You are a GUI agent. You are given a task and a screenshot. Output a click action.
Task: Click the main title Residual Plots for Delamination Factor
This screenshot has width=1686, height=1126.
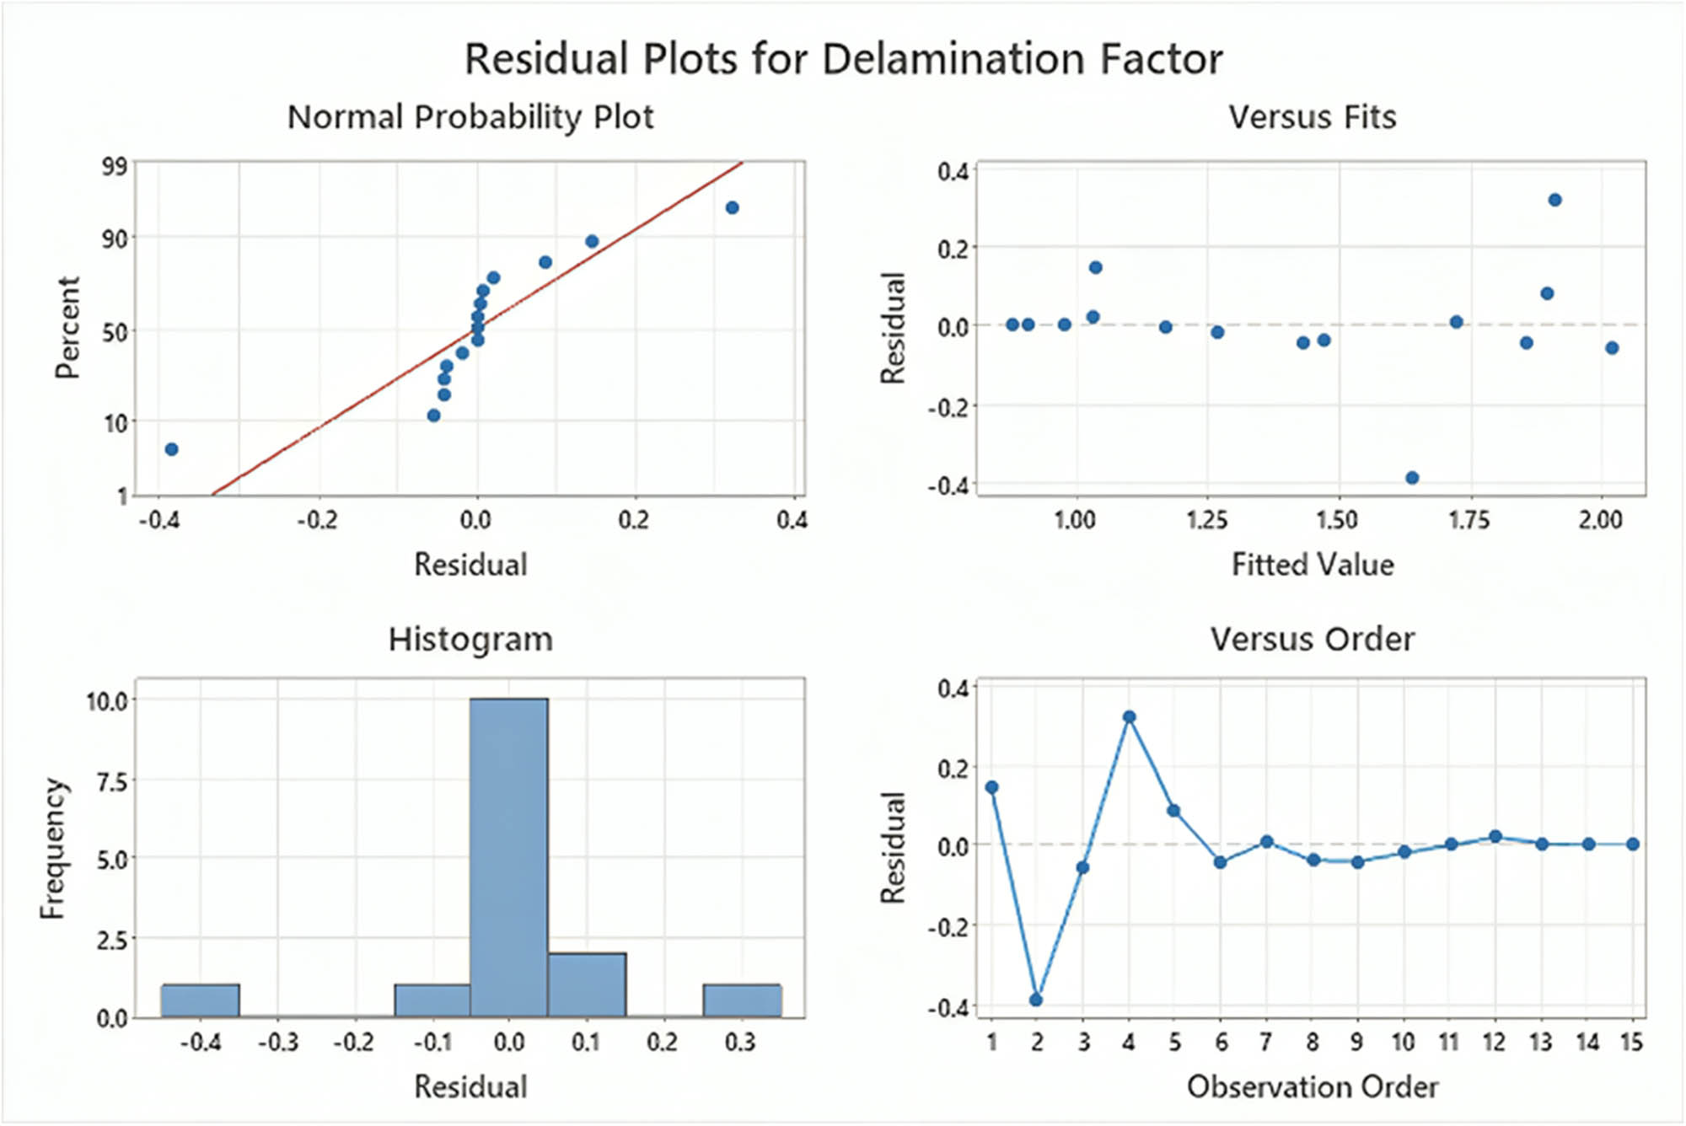tap(843, 60)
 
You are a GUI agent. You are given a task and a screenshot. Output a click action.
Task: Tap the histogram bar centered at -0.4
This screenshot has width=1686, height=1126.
tap(201, 1000)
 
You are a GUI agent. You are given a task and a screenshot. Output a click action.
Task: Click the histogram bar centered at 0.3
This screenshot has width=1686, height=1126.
tap(742, 1000)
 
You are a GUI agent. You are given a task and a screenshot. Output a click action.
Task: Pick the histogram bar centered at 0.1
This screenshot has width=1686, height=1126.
tap(587, 984)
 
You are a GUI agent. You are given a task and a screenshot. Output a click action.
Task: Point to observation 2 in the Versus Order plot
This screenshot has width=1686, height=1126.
tap(1036, 1000)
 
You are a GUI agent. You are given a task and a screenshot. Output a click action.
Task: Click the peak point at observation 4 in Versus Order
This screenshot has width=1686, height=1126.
tap(1130, 717)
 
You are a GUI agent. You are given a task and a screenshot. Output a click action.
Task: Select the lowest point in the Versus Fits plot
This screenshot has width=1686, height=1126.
tap(1412, 478)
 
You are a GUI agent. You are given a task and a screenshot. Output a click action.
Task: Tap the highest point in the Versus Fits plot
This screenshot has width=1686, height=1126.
tap(1555, 200)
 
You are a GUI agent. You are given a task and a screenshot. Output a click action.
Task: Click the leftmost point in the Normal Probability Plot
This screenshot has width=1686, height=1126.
tap(172, 449)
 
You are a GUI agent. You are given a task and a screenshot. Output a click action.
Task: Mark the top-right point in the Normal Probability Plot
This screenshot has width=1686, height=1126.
tap(733, 207)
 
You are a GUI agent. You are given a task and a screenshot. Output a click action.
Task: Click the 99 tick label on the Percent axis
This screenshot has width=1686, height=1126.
tap(115, 166)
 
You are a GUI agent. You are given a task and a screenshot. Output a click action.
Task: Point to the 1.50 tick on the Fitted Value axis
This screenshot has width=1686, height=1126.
tap(1337, 520)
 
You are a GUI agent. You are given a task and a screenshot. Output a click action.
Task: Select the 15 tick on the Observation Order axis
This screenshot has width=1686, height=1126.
tap(1632, 1043)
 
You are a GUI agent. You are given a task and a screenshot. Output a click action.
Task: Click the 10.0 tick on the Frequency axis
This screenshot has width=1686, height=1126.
tap(106, 701)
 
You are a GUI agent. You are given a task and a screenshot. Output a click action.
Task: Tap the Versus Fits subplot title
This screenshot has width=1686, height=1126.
tap(1312, 117)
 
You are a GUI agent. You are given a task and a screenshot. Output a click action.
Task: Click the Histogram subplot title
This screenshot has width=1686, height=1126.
tap(470, 640)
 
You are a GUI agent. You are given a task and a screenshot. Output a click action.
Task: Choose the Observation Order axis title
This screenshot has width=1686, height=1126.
tap(1312, 1086)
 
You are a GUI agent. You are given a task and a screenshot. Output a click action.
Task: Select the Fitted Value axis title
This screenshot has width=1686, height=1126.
tap(1312, 564)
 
